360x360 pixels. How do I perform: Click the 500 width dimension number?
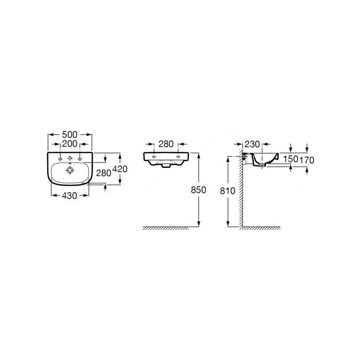70,135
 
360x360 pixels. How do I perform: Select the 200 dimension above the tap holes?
70,144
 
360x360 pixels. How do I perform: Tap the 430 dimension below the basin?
70,195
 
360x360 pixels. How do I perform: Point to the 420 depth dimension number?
120,169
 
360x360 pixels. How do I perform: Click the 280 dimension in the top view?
103,173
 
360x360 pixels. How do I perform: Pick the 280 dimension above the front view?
166,144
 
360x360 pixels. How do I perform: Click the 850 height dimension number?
198,190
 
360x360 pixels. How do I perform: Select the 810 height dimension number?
228,191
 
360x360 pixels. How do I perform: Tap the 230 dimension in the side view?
252,144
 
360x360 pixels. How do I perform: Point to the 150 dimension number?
290,159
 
